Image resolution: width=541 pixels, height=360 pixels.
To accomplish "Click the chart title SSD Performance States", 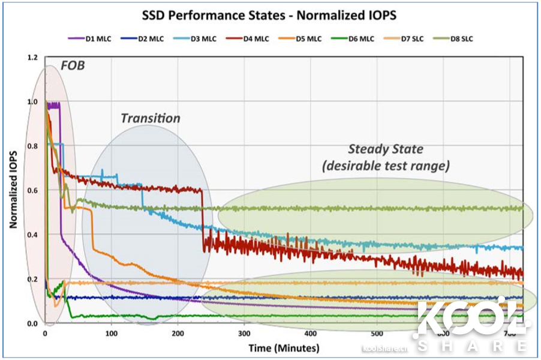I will click(270, 14).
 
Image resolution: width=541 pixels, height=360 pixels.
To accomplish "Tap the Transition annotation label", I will click(150, 118).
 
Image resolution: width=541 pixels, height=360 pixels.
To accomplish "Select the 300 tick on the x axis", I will click(244, 334).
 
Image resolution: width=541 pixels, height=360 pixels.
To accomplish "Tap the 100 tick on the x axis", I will click(112, 334).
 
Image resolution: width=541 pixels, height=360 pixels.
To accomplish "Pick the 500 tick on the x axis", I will click(377, 334).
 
